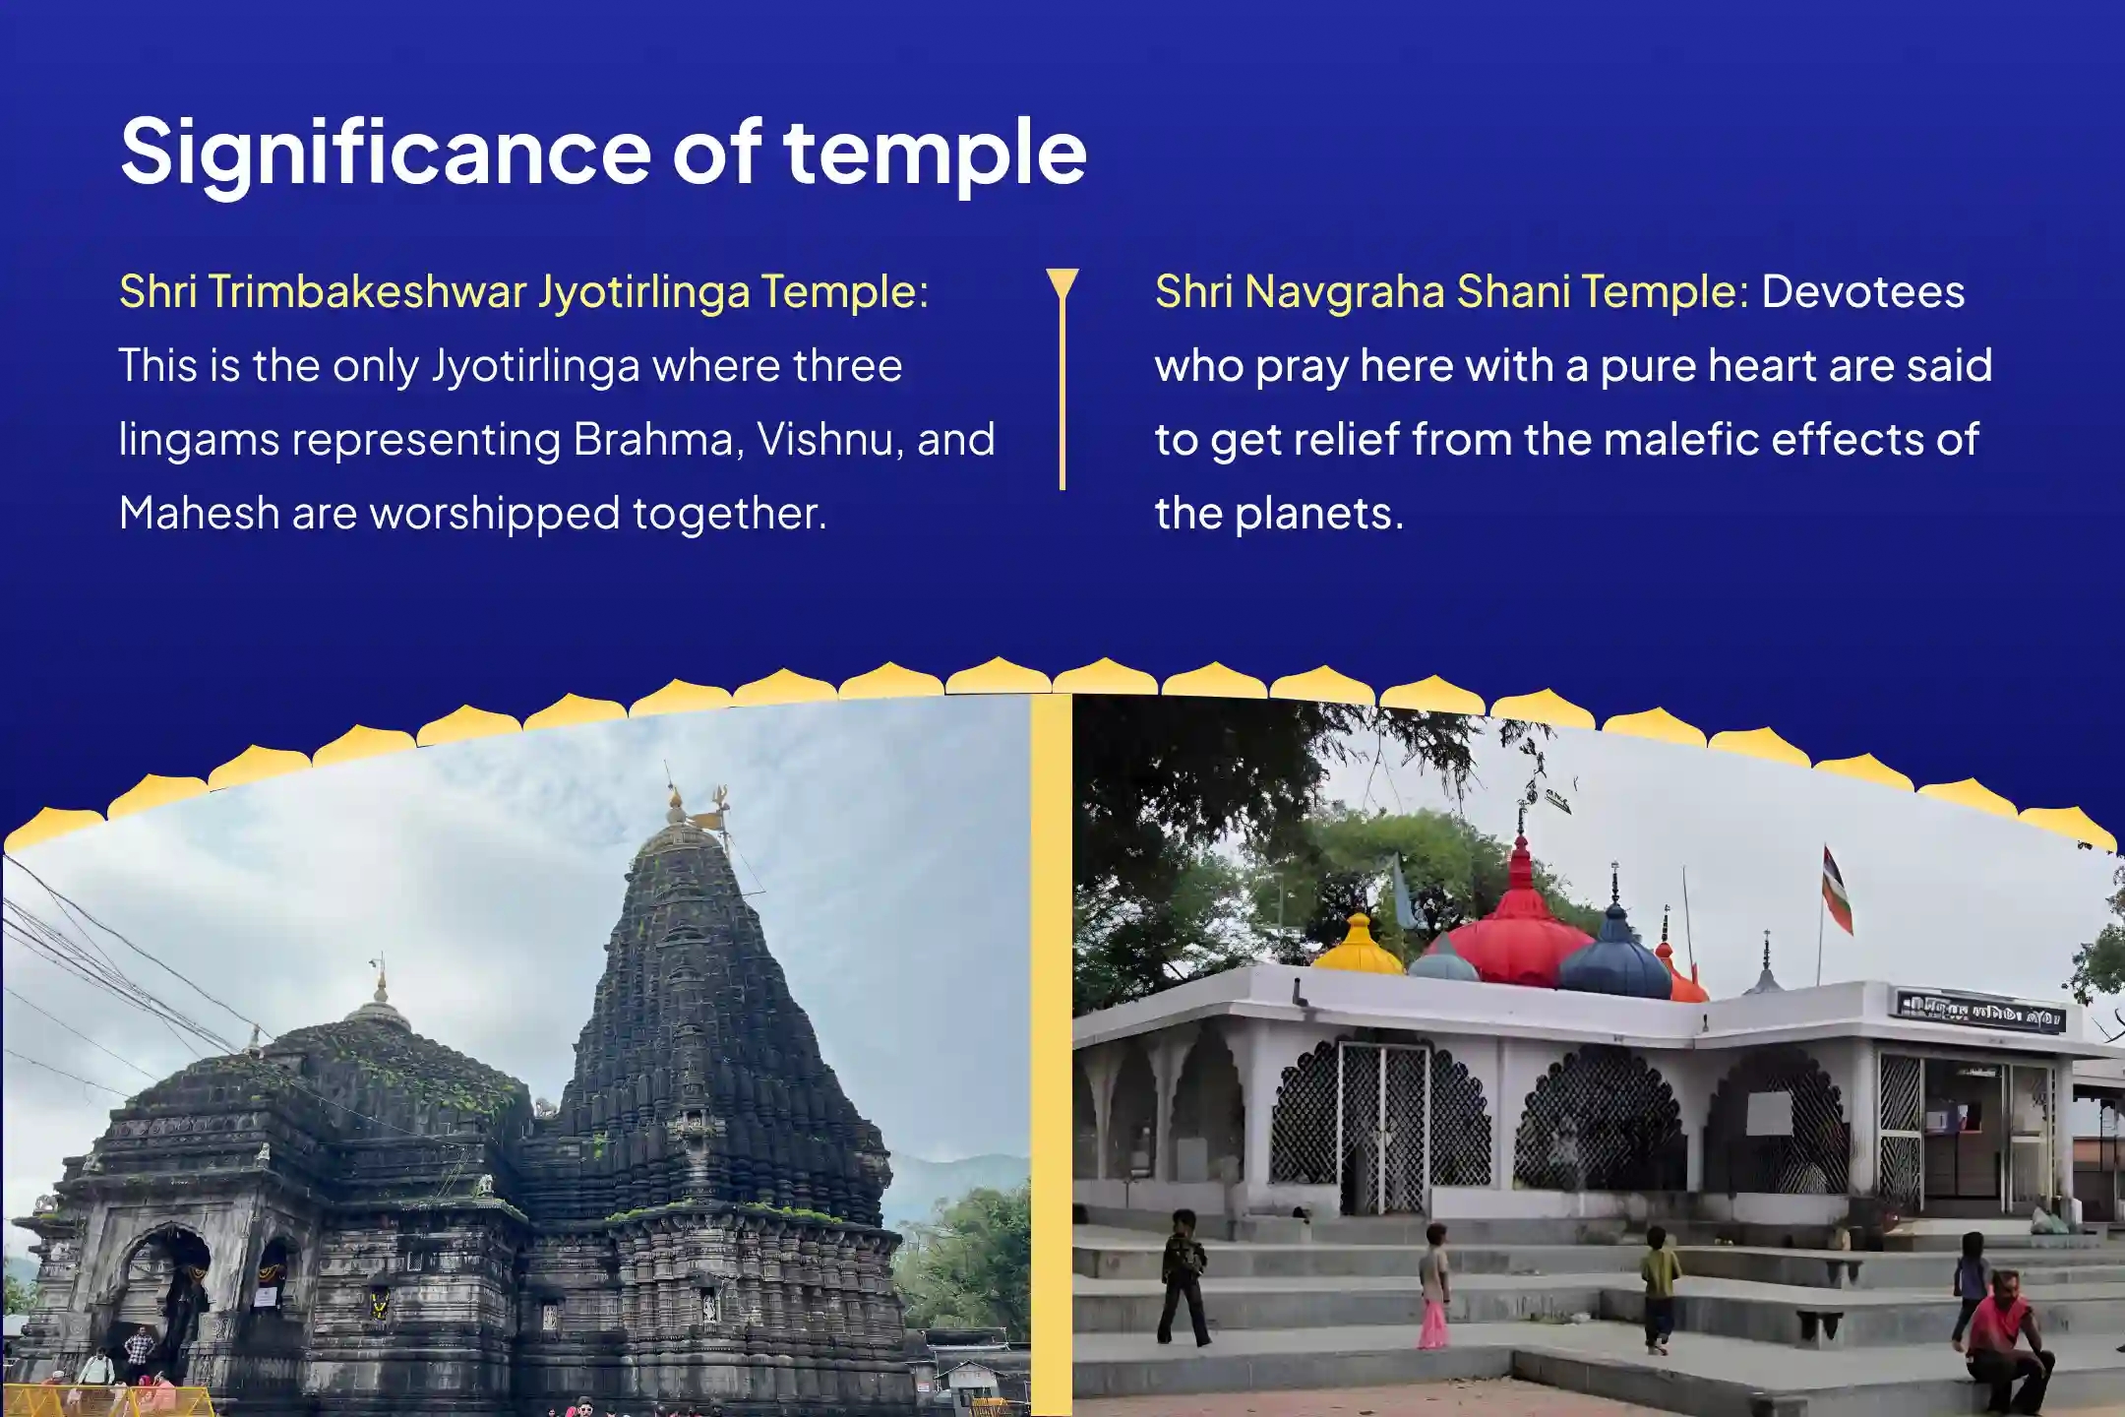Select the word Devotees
tap(1863, 291)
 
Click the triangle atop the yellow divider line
tap(1062, 283)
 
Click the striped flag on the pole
tap(1837, 891)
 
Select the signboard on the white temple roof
tap(1980, 1013)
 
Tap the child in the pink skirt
tap(1433, 1286)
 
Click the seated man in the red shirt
tap(2003, 1328)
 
